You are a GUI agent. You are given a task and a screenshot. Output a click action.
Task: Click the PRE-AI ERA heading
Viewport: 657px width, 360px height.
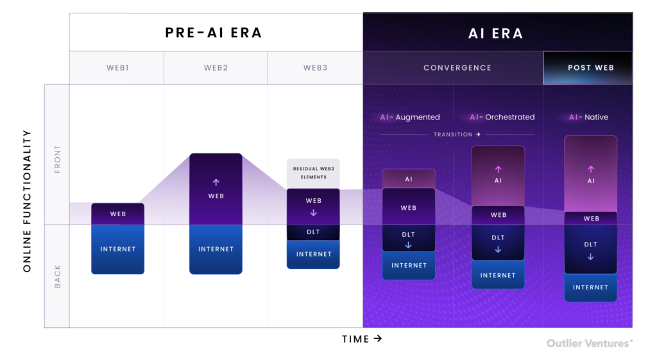point(213,33)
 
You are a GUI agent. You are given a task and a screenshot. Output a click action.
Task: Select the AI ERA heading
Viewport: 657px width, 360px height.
point(496,33)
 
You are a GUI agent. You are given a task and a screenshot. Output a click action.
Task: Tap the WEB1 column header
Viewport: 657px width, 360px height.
point(117,68)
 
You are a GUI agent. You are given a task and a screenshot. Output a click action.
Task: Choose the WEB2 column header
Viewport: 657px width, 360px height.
point(216,68)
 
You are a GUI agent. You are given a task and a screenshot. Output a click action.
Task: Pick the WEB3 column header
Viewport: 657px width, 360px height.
point(315,68)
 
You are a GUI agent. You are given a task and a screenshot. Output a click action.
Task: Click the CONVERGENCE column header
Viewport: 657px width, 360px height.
point(457,68)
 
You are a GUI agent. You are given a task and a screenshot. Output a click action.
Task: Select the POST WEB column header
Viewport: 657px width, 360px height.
point(591,68)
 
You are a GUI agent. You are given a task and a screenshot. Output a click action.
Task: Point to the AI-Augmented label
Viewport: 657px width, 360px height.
point(410,117)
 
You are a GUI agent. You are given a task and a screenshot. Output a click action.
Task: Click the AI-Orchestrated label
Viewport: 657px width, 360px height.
point(502,117)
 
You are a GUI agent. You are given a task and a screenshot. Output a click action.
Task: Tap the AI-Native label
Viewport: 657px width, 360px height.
point(588,117)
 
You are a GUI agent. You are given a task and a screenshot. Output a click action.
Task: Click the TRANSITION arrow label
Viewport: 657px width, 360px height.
point(457,135)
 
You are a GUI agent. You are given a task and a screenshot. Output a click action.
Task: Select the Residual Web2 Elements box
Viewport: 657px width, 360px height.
point(313,173)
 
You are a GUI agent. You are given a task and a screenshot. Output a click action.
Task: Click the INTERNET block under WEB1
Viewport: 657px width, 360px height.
point(118,249)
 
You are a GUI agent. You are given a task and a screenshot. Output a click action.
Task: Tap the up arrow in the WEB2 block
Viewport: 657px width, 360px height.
point(216,182)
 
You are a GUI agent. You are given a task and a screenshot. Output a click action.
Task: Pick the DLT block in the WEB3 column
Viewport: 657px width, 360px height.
point(313,232)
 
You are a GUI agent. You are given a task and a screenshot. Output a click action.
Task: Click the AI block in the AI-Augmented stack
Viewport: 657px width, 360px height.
point(409,179)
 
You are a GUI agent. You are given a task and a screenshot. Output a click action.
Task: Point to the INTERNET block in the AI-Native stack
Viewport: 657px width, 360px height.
point(590,287)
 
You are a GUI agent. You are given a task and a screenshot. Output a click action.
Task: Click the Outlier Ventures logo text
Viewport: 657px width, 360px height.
point(590,344)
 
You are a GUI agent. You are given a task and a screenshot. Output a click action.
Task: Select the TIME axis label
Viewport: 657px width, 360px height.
point(362,339)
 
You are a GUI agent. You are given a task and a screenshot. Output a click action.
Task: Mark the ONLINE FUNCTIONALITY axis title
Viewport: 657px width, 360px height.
point(27,201)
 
